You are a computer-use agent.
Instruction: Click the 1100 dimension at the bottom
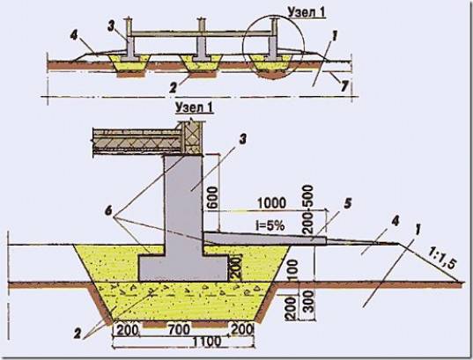207,342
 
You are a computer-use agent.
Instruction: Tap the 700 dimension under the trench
179,329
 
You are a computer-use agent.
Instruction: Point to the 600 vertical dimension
212,197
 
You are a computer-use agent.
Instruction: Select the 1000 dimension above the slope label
271,203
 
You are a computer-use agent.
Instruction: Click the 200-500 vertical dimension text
308,209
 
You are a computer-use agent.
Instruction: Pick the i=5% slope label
270,225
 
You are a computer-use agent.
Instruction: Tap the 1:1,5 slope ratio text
440,259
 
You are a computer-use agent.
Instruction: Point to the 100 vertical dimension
292,270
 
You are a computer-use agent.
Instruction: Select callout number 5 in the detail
348,203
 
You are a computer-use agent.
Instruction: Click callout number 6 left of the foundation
108,211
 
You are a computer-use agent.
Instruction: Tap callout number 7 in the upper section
344,86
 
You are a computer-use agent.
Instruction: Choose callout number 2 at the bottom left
78,334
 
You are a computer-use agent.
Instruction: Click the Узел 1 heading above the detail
195,108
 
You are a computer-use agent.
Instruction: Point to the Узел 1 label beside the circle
307,12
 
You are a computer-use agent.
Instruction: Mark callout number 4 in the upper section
74,35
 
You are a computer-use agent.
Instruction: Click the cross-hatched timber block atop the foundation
191,139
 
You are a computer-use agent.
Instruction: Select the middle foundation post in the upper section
201,40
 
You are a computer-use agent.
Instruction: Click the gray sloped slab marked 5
265,239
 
